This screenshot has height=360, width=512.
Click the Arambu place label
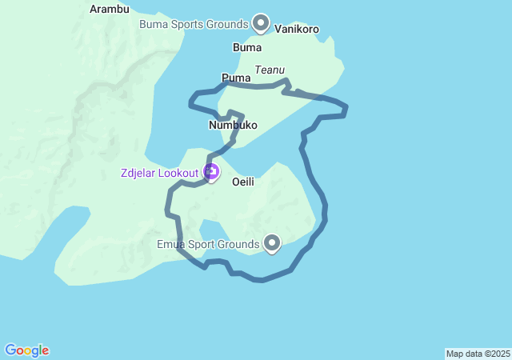(110, 9)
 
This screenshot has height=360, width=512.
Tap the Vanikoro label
(297, 30)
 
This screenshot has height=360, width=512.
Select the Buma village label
(247, 47)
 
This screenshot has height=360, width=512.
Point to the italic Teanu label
(270, 70)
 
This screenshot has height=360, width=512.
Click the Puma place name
(236, 78)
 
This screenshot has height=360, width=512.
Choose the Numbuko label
(233, 126)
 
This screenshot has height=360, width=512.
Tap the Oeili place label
(243, 182)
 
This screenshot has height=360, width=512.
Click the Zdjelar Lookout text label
(160, 172)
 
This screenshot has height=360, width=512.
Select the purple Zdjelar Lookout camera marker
(211, 171)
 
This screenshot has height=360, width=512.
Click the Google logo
(27, 350)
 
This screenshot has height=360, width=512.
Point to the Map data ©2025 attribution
(478, 354)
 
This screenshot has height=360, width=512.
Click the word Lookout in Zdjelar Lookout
(179, 172)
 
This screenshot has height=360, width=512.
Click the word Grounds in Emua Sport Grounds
(238, 243)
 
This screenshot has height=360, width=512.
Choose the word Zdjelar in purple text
(138, 172)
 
